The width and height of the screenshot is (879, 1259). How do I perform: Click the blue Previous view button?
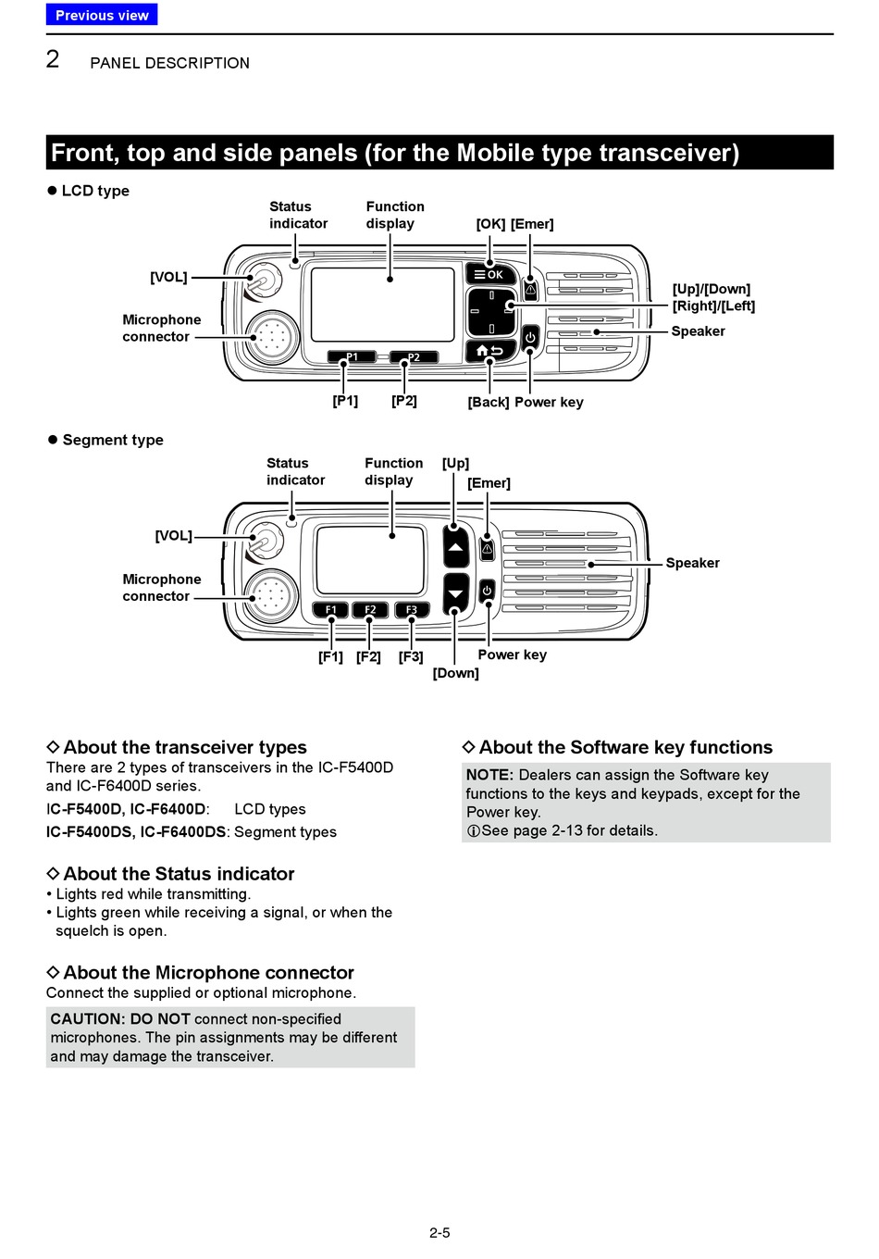[102, 15]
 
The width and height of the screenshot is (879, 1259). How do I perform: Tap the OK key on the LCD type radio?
[489, 274]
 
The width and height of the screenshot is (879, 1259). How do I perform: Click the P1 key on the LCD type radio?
[352, 357]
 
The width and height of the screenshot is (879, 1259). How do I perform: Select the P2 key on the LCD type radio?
[414, 357]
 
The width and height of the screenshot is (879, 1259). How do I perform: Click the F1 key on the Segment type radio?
[330, 610]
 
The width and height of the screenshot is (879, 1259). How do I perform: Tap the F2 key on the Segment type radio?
[370, 610]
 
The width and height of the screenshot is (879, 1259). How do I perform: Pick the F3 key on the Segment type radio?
[412, 610]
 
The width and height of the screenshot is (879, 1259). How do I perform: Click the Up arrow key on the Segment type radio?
[455, 546]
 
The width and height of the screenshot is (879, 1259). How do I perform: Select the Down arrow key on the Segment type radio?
[455, 594]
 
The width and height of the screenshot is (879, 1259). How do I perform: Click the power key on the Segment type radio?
[487, 592]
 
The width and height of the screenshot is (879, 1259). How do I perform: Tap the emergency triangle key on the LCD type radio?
[531, 290]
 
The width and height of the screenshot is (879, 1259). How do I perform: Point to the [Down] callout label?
[455, 673]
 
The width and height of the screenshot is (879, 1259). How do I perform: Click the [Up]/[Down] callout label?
[712, 289]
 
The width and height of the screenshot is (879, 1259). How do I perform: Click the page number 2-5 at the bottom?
[439, 1232]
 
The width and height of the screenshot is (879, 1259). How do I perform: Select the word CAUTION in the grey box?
[87, 1019]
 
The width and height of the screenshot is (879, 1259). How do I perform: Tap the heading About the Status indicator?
[170, 874]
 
